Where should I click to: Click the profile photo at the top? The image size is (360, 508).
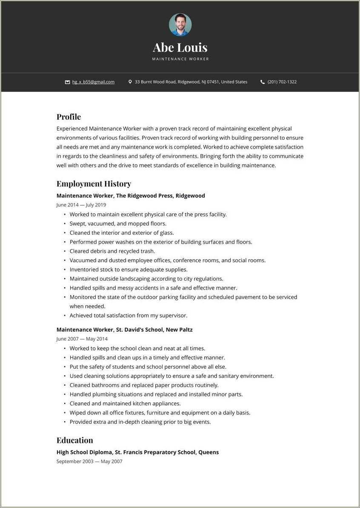coord(180,25)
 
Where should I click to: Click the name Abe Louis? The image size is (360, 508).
coord(180,47)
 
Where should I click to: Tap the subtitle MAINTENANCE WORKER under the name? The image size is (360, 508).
coord(180,59)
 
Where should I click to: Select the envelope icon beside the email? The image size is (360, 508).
coord(67,82)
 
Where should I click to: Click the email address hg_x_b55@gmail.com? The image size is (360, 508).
coord(93,82)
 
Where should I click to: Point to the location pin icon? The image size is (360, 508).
coord(130,82)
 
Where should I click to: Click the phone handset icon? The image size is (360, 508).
coord(263,82)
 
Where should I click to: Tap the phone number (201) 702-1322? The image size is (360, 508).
coord(282,82)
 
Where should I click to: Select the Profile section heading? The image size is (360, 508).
coord(69,117)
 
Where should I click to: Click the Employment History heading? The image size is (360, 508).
coord(94,184)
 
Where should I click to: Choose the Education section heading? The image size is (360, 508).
coord(74,440)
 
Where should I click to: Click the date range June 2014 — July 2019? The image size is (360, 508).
coord(81,205)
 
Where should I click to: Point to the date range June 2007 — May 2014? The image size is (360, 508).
coord(82,339)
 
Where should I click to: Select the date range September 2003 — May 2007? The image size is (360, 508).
coord(89,462)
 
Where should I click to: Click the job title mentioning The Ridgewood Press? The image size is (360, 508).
coord(131,196)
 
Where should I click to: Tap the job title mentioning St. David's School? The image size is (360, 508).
coord(124,330)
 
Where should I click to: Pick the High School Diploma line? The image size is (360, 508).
coord(137,452)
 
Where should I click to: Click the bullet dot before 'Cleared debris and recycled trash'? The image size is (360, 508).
coord(65,251)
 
